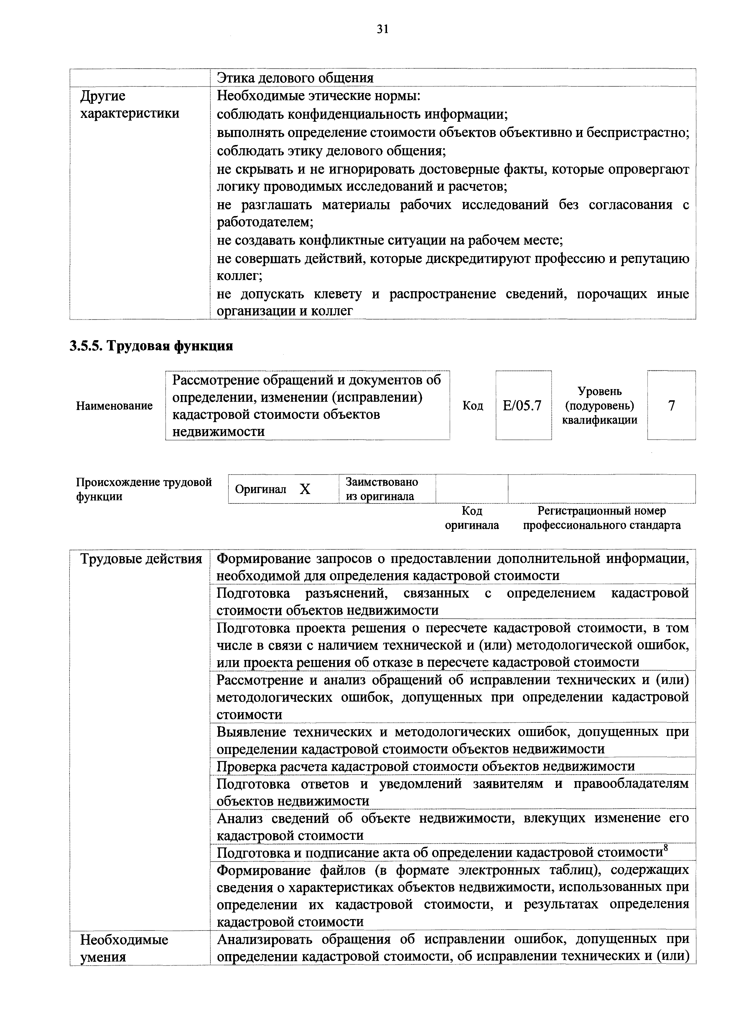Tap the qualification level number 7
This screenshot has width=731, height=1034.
pos(671,406)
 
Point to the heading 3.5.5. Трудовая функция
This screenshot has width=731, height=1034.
pos(151,346)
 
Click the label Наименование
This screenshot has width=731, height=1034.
pos(114,406)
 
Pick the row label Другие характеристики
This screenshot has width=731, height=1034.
pos(130,104)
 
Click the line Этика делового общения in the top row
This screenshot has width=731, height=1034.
pos(295,78)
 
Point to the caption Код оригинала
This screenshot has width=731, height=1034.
pos(472,518)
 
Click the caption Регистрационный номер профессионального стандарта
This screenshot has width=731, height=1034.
pos(601,518)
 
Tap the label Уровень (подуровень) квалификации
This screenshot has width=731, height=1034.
pos(600,406)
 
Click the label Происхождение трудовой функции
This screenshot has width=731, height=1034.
pos(144,489)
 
